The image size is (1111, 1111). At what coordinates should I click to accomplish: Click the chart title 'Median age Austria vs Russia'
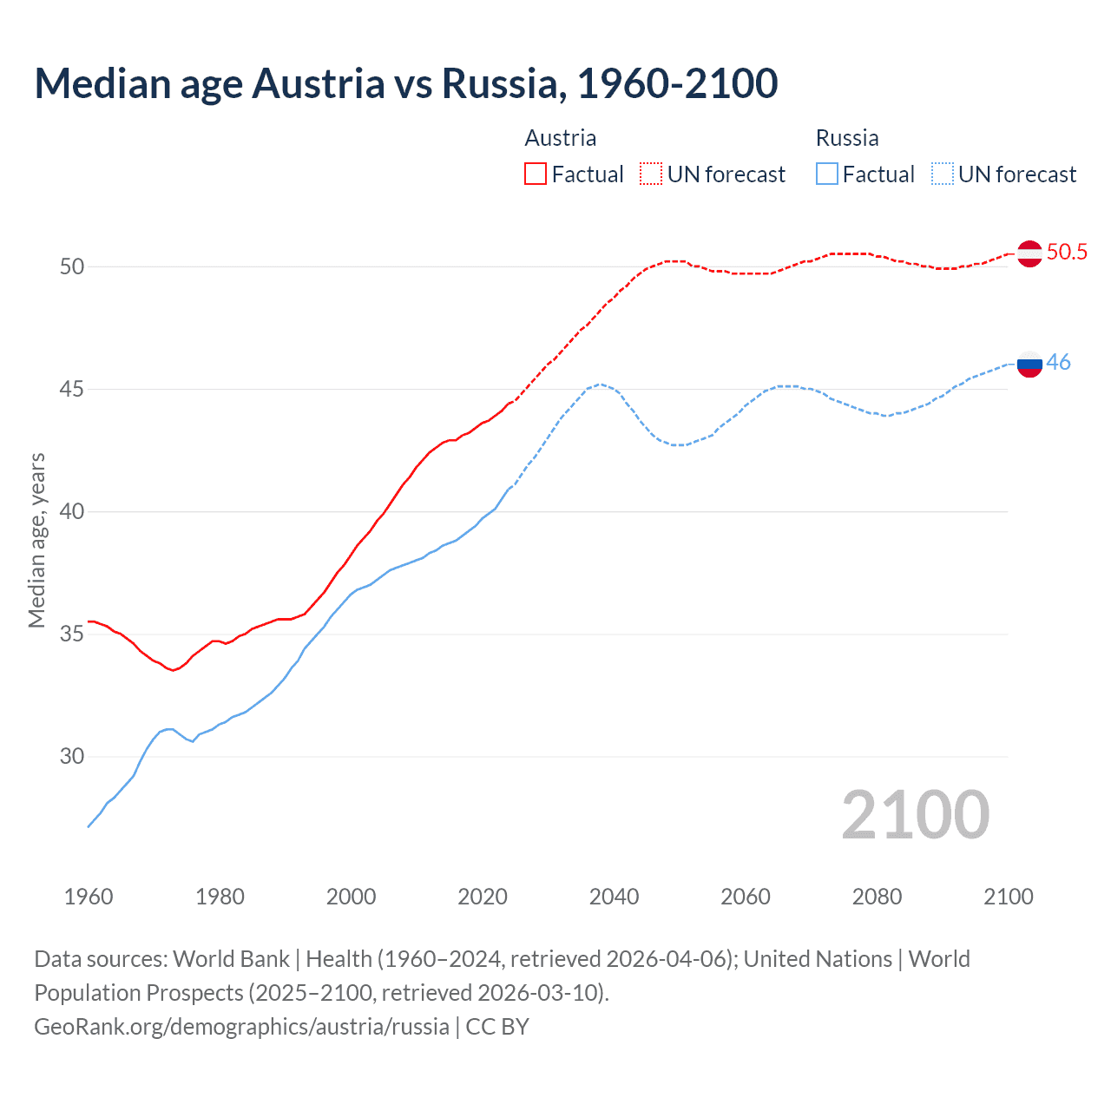[x=405, y=83]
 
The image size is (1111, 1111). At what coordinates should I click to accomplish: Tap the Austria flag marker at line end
[x=1029, y=253]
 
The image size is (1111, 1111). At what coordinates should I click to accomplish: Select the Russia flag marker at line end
[x=1029, y=364]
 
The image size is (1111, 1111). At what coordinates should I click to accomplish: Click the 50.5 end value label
[x=1067, y=253]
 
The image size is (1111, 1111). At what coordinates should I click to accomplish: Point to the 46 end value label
[x=1059, y=363]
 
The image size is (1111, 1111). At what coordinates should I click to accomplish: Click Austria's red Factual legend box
[x=536, y=174]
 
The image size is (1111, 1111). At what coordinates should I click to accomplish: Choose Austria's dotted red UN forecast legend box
[x=651, y=174]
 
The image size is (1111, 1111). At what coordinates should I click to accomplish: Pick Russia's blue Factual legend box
[x=827, y=174]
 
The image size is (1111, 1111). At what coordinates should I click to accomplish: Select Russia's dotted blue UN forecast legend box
[x=942, y=174]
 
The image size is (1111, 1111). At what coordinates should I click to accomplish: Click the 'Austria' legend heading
[x=561, y=138]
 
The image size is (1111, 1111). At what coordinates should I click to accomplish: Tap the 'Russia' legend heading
[x=847, y=138]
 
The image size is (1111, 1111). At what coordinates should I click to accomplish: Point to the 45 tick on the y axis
[x=72, y=390]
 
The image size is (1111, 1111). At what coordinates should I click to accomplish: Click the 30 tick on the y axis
[x=72, y=757]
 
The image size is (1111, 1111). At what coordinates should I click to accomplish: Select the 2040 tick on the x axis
[x=614, y=897]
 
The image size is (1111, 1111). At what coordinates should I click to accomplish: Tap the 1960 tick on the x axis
[x=89, y=897]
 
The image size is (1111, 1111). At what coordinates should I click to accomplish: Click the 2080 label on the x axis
[x=877, y=897]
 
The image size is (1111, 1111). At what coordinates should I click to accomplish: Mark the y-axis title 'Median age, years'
[x=36, y=540]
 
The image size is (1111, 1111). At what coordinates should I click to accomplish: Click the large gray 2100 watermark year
[x=915, y=815]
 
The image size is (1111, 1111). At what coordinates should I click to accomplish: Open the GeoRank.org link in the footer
[x=241, y=1027]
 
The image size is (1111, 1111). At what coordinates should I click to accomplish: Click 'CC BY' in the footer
[x=497, y=1027]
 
